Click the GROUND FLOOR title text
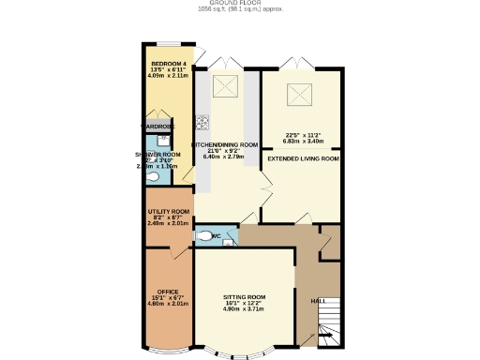click(x=240, y=3)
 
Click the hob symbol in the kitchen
click(x=202, y=120)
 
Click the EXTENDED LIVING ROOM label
click(x=303, y=159)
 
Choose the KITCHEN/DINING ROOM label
click(x=225, y=144)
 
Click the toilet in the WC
click(x=205, y=236)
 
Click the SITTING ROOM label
click(x=244, y=296)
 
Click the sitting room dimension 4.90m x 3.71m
click(x=244, y=309)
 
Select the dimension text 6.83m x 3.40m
click(x=304, y=141)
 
